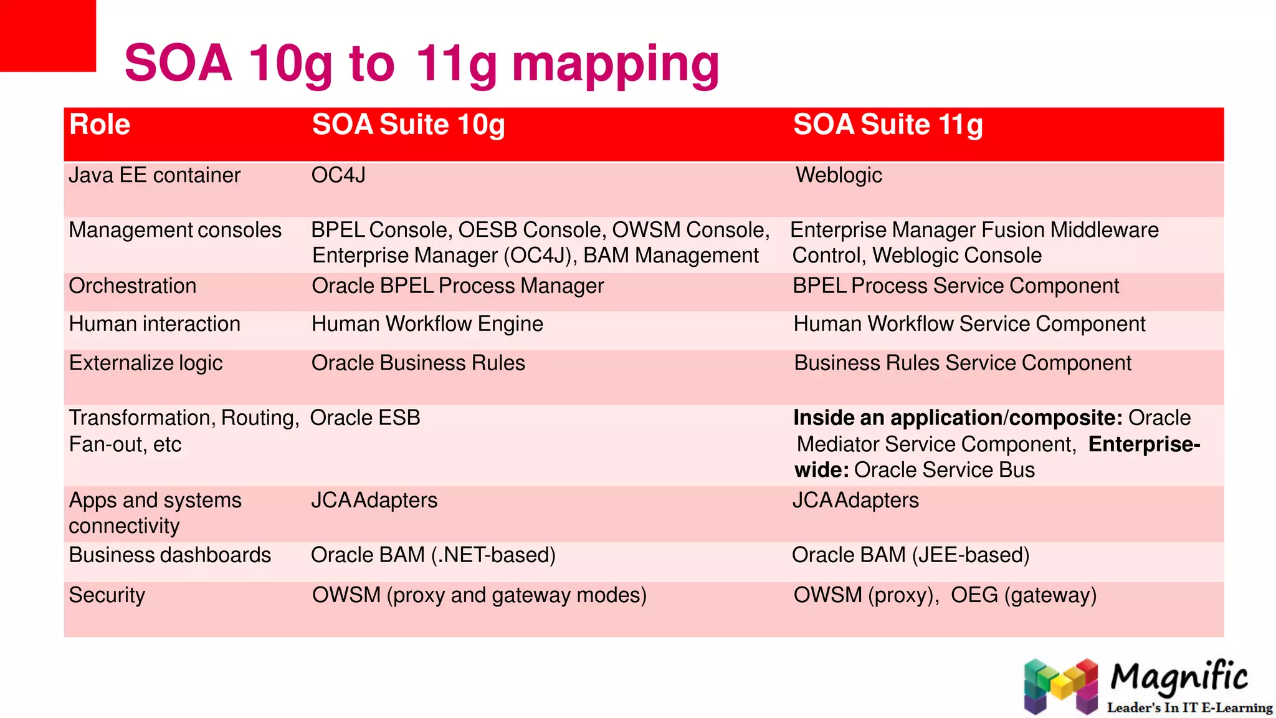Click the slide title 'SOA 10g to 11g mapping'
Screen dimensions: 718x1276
[422, 64]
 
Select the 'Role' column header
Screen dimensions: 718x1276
[100, 125]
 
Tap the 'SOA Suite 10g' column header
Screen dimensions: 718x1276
[408, 125]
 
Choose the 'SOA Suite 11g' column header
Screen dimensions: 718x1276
[888, 125]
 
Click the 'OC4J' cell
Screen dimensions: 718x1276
[338, 175]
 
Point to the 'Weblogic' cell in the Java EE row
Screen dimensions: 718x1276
[839, 175]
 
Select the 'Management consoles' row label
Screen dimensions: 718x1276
[175, 230]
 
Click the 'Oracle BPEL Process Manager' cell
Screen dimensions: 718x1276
[457, 286]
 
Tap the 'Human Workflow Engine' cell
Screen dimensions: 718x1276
[427, 324]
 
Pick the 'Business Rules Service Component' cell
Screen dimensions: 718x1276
[963, 363]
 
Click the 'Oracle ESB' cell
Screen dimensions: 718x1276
[365, 418]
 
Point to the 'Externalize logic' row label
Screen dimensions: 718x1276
[146, 363]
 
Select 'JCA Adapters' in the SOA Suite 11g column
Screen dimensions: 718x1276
[855, 500]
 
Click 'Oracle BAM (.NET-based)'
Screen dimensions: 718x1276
[433, 555]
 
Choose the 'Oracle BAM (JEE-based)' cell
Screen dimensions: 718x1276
[910, 555]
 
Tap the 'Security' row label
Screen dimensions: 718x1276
[107, 595]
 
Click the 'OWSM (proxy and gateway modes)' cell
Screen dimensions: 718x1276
[479, 595]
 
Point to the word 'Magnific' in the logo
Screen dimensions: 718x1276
[1179, 677]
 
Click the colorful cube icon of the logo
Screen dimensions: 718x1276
[1061, 686]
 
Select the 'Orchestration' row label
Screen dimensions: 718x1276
[133, 286]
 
